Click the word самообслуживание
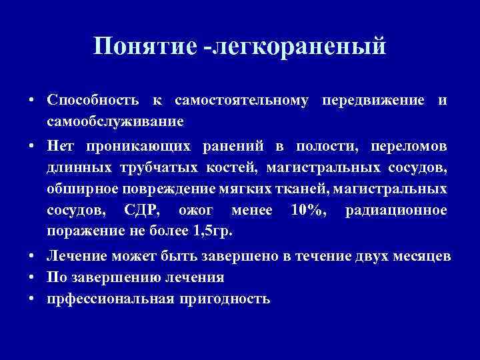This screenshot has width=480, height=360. coord(115,122)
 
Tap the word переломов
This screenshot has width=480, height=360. coord(407,145)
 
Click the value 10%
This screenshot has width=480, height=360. coord(306,210)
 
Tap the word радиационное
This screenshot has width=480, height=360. coord(396,210)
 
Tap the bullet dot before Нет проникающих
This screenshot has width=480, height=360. coord(32,145)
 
